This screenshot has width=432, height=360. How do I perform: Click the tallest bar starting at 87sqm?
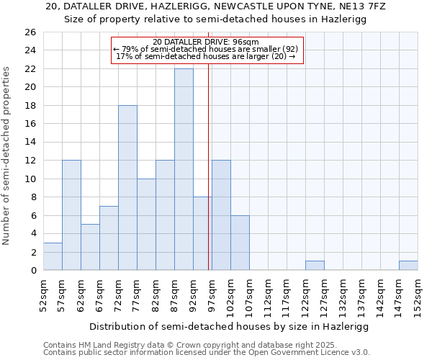(184, 169)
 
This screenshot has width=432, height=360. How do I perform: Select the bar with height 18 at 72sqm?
(127, 187)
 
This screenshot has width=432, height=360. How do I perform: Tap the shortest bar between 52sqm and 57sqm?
(53, 256)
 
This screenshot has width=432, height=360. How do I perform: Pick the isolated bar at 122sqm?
(315, 266)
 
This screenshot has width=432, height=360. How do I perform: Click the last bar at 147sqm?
(408, 266)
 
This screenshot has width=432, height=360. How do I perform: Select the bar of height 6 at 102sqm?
(240, 243)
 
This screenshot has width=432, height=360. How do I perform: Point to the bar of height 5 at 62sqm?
(90, 247)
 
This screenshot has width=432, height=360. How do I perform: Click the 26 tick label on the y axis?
(30, 32)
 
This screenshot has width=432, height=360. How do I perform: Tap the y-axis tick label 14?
(30, 142)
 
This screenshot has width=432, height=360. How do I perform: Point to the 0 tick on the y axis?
(32, 271)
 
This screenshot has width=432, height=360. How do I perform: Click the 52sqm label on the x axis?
(43, 294)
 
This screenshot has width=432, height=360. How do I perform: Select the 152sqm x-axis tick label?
(418, 294)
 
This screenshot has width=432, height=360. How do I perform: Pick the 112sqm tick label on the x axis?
(268, 294)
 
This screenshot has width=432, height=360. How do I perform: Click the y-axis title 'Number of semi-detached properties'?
(7, 156)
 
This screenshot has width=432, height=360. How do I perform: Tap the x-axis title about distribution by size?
(230, 326)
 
